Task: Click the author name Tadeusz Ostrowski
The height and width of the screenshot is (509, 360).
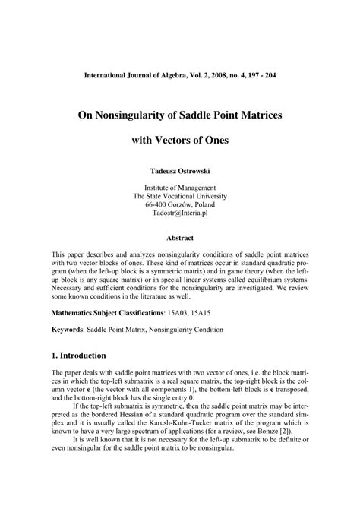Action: click(x=180, y=172)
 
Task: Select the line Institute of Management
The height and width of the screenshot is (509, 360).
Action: click(x=180, y=188)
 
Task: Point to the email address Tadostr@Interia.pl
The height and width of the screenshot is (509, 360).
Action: click(x=180, y=215)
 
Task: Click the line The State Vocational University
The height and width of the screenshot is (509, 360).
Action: click(x=180, y=197)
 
